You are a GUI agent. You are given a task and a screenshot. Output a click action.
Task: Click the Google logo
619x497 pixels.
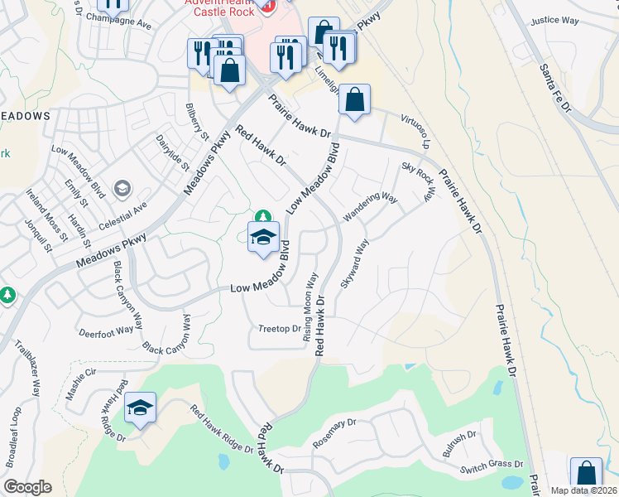(x=27, y=487)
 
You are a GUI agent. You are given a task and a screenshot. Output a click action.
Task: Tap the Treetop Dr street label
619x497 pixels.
(x=280, y=329)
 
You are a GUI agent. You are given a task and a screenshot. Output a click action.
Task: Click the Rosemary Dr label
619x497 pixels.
(x=333, y=434)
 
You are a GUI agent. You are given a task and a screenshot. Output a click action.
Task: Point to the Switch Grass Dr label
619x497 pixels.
(x=492, y=468)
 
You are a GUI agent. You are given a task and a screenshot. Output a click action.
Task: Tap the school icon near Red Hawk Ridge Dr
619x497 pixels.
(x=141, y=408)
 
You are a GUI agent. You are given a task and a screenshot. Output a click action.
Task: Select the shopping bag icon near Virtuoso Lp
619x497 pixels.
(x=354, y=100)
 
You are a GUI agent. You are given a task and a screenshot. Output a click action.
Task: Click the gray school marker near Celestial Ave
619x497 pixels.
(x=123, y=190)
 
